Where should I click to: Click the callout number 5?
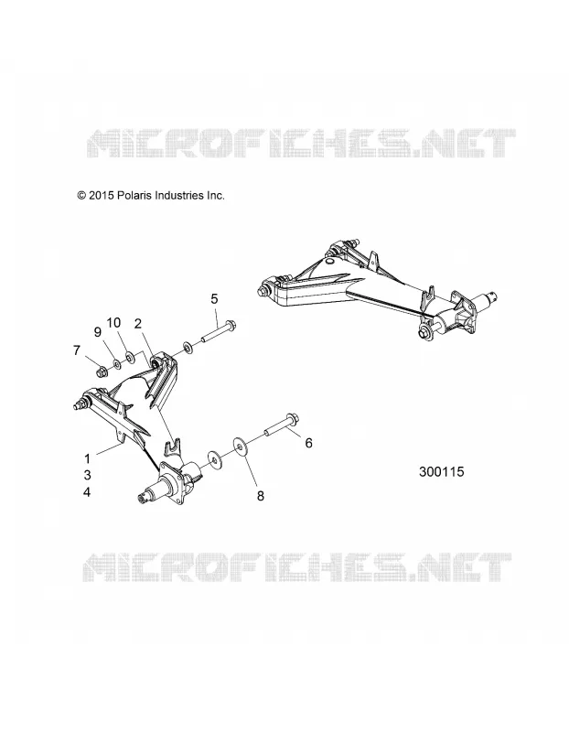(214, 299)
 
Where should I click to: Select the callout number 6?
(308, 443)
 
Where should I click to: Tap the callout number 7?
(77, 350)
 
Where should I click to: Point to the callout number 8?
(261, 496)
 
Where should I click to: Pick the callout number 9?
(98, 332)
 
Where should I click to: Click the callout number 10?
(113, 323)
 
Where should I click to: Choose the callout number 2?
(138, 324)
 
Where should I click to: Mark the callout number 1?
(87, 459)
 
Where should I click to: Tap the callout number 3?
(87, 475)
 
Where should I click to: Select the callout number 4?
(87, 492)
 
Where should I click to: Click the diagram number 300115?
(442, 472)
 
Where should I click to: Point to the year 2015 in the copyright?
(102, 196)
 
